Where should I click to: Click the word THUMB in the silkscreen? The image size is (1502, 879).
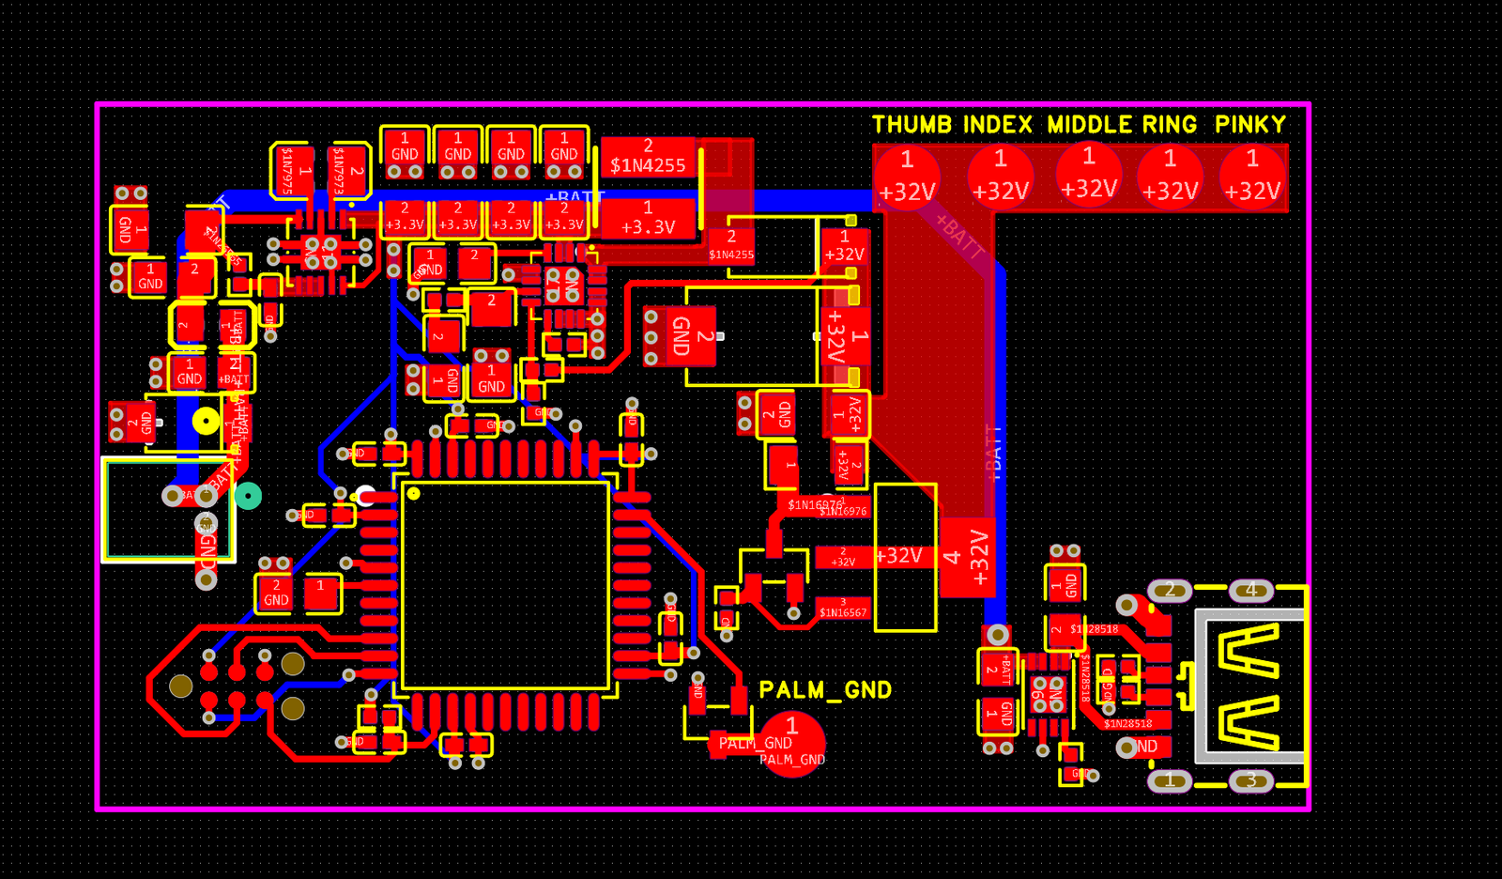[912, 125]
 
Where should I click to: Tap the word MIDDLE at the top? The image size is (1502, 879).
[1089, 125]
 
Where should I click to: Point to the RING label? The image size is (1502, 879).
[1170, 125]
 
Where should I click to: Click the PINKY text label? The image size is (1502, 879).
[1249, 125]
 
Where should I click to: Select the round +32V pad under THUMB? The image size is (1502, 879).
[907, 177]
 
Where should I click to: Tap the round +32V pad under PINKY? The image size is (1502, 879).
[1252, 177]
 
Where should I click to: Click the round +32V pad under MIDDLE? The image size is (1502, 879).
[1089, 175]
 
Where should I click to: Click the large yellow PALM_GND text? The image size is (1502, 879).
[825, 690]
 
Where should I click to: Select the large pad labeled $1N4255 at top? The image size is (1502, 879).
[648, 157]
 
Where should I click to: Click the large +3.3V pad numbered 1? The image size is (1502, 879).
[648, 219]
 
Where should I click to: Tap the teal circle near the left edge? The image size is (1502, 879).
[248, 496]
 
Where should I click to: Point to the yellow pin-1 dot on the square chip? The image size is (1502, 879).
[413, 493]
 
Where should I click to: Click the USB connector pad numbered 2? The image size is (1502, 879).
[1170, 591]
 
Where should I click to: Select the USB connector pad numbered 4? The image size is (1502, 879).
[1250, 591]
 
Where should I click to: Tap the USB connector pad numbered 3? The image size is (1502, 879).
[1250, 780]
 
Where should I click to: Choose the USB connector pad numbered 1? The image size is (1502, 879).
[1170, 780]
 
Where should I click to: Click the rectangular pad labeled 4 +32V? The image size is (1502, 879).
[968, 557]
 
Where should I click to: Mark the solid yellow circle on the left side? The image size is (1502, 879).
[206, 421]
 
